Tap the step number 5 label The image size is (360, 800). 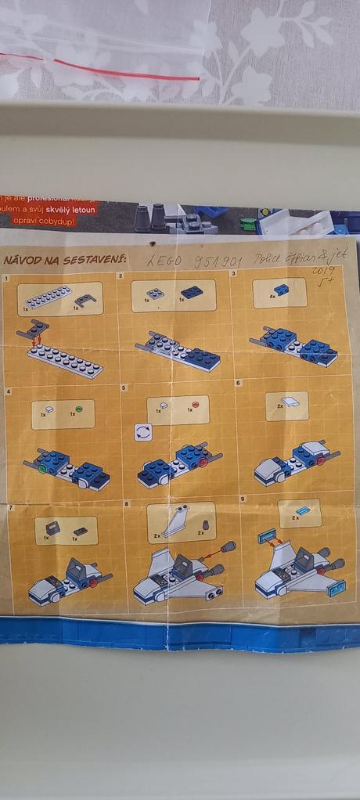pyautogui.click(x=124, y=387)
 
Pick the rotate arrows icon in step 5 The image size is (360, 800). pyautogui.click(x=142, y=431)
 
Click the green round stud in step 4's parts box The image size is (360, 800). pyautogui.click(x=78, y=409)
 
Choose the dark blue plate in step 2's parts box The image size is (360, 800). pyautogui.click(x=192, y=292)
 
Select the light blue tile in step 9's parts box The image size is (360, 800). pyautogui.click(x=302, y=510)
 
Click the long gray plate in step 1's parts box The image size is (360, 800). pyautogui.click(x=48, y=296)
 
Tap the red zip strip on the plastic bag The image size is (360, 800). pyautogui.click(x=102, y=67)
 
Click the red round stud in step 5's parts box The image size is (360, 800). pyautogui.click(x=195, y=406)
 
